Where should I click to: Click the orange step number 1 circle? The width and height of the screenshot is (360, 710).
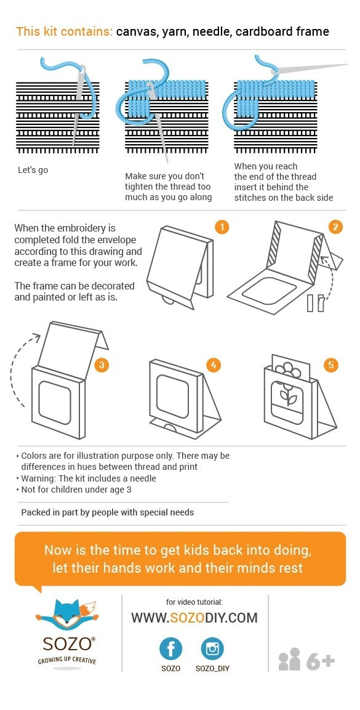coord(222,227)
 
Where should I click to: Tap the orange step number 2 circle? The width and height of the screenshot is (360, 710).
coord(335,227)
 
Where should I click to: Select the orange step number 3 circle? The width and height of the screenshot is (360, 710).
coord(102,365)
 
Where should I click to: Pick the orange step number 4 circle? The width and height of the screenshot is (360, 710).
coord(213,365)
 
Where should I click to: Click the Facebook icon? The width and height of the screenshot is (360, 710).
coord(171,649)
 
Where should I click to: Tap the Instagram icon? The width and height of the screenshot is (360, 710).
coord(212,649)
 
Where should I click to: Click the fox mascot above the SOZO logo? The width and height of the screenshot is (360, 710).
coord(67,613)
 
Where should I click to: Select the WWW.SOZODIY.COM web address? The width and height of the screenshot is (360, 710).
coord(194,618)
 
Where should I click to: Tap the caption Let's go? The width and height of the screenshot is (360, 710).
coord(33,170)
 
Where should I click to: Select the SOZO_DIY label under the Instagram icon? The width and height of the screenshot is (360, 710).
coord(212,668)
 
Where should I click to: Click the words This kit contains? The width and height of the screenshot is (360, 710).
coord(65,31)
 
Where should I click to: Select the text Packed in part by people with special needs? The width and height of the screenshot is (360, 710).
coord(108,512)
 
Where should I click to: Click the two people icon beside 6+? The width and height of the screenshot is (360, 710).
coord(289,659)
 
